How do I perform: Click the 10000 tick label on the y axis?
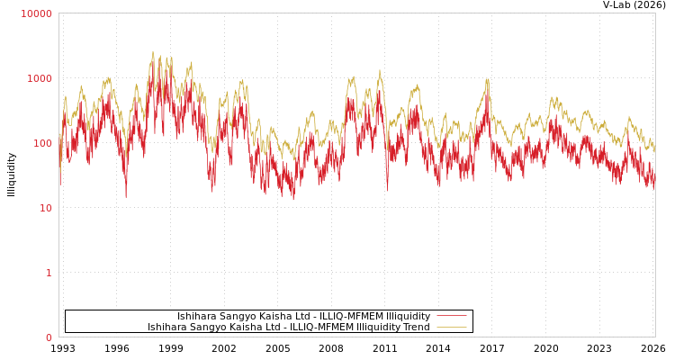(x=37, y=13)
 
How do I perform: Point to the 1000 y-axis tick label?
(x=40, y=78)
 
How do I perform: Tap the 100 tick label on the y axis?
(x=42, y=143)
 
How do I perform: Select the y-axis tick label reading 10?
(x=45, y=208)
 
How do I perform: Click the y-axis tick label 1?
(x=49, y=273)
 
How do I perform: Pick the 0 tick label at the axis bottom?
(x=49, y=337)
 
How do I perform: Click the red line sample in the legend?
(x=451, y=316)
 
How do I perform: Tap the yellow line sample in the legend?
(x=451, y=327)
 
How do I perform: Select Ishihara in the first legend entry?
(x=196, y=316)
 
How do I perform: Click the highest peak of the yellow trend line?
(x=153, y=51)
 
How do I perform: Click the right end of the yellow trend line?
(x=654, y=149)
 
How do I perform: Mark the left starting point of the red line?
(x=59, y=184)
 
